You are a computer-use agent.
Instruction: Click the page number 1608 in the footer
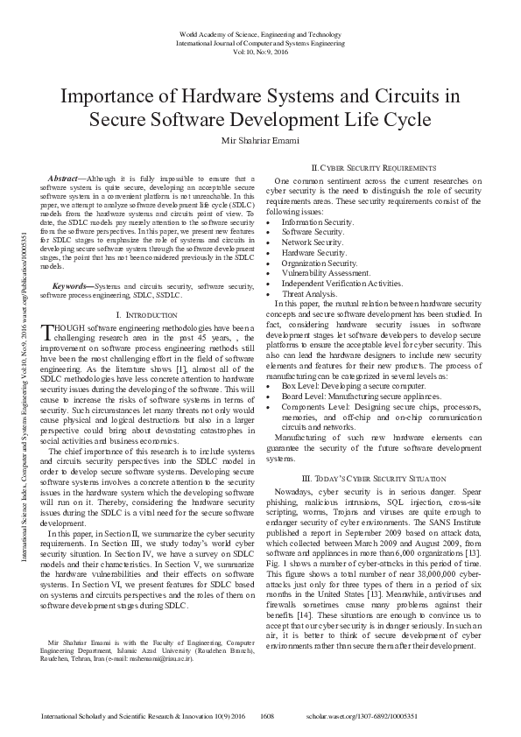[x=269, y=716]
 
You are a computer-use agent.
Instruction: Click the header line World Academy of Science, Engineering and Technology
[x=260, y=32]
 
